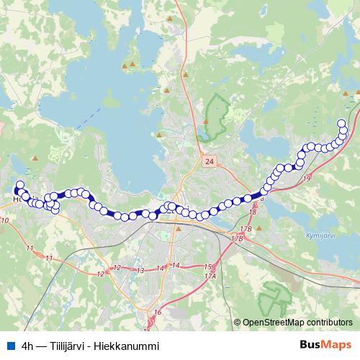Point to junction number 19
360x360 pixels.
[307, 178]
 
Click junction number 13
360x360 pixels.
[141, 270]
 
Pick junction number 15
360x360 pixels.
[208, 267]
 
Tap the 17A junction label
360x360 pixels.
[210, 276]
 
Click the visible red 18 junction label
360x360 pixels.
[253, 212]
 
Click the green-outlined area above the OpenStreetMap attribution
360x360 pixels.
[278, 295]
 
